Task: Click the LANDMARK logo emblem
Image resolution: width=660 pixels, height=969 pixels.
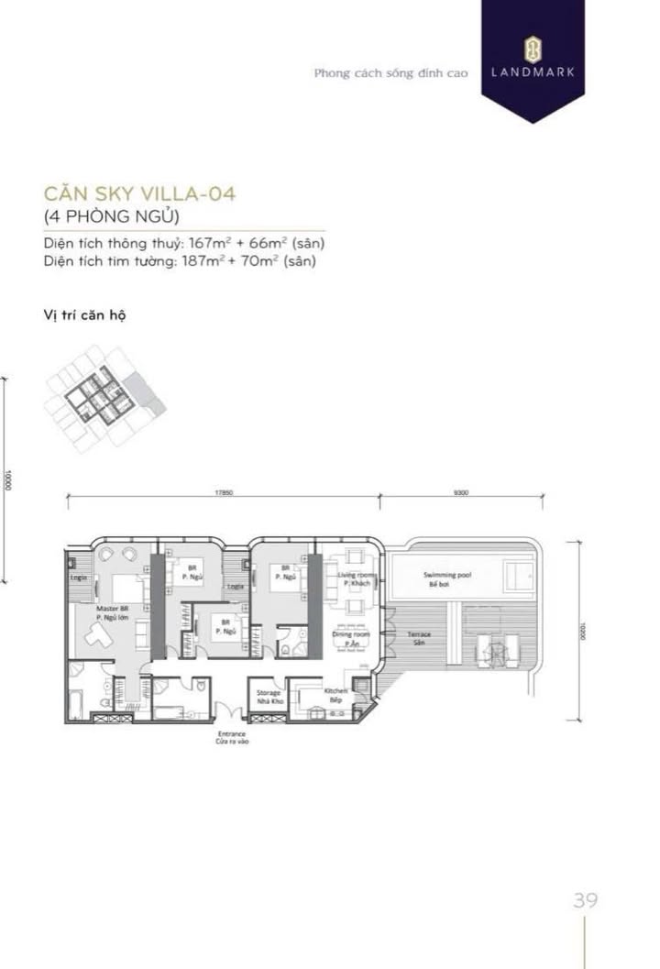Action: (533, 48)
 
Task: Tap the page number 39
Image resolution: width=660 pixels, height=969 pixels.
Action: (585, 900)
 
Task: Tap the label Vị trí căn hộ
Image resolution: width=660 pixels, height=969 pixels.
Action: (83, 314)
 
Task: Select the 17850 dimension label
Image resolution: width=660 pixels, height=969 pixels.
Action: (224, 493)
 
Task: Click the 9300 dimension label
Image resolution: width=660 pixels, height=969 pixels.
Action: (460, 493)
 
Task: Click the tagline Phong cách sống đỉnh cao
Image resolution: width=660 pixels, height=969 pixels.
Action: (390, 73)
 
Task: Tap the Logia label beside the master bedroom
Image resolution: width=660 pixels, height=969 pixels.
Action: (79, 578)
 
